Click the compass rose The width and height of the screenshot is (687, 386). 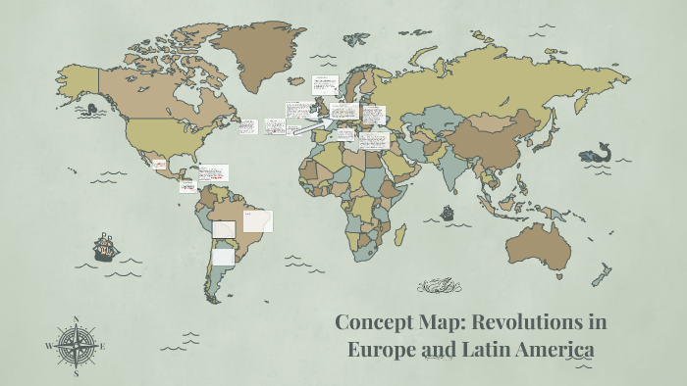[75, 346]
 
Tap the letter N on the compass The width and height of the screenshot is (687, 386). [76, 319]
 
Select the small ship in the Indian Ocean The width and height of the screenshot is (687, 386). [448, 212]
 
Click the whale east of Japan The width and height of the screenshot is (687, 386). [594, 154]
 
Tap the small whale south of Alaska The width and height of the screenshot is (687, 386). [91, 110]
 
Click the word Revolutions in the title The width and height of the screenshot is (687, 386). [512, 321]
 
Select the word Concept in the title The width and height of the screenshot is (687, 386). [373, 321]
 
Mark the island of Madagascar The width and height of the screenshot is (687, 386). [400, 234]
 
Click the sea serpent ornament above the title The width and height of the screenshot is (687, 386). [439, 286]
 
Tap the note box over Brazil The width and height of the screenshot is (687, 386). [258, 221]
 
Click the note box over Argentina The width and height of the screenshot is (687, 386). [224, 257]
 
